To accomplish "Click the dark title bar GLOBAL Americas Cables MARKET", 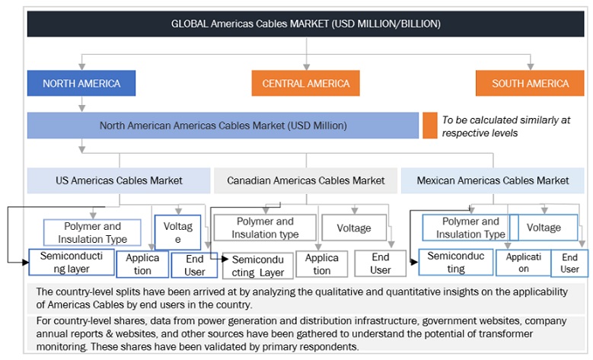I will tap(305, 24).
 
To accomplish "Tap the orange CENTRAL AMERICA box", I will tap(305, 83).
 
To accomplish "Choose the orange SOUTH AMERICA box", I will tap(530, 83).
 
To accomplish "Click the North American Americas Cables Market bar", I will tap(222, 125).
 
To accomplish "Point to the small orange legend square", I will tap(430, 126).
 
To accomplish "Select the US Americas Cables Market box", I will tap(119, 180).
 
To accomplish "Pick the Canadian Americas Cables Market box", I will tap(305, 180).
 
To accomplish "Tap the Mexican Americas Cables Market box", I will tap(493, 180).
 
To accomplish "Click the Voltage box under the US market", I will tap(177, 232).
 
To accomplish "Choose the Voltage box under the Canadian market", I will tap(354, 228).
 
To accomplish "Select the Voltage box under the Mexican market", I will tap(544, 227).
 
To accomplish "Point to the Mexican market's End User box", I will tap(569, 263).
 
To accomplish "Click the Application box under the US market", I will tap(142, 264).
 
